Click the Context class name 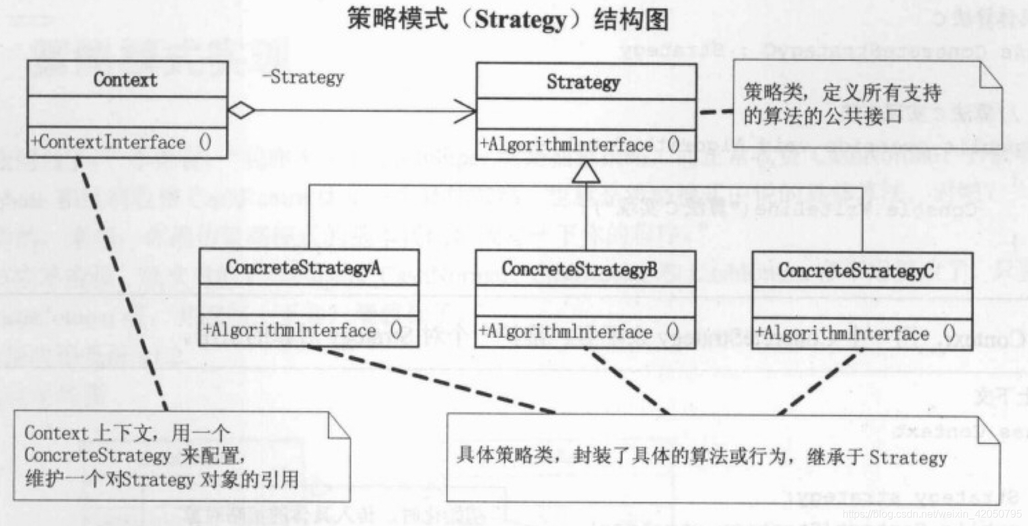(125, 80)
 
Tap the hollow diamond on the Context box (242, 110)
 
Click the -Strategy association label (303, 77)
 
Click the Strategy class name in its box (583, 82)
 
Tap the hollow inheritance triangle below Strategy (586, 173)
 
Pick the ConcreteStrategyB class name (579, 269)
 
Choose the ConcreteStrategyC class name (856, 270)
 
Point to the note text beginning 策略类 (842, 104)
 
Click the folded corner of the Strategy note (990, 75)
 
